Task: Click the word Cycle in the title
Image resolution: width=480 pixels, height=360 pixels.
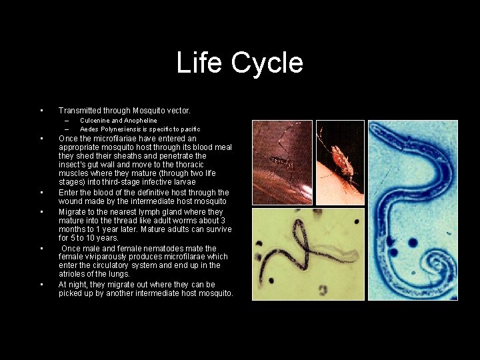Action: pos(267,63)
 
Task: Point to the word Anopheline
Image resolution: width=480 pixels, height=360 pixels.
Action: pos(140,121)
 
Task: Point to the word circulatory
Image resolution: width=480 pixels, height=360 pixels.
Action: pos(121,265)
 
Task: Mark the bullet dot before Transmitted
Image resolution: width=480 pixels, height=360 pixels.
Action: pos(41,111)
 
